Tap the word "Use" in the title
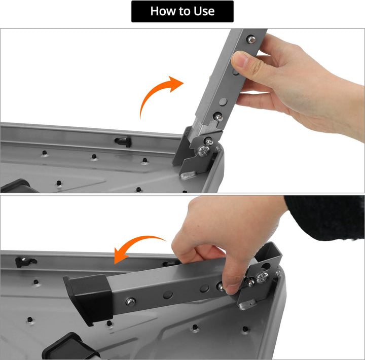point(204,11)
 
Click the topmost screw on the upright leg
point(251,39)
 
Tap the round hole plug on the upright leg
point(223,101)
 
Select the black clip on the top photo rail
point(123,141)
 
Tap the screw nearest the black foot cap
point(130,302)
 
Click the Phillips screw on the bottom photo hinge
point(263,277)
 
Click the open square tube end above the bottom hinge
point(268,253)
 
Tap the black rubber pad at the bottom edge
point(70,347)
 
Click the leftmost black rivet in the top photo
point(44,153)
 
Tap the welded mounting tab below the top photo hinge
point(188,174)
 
